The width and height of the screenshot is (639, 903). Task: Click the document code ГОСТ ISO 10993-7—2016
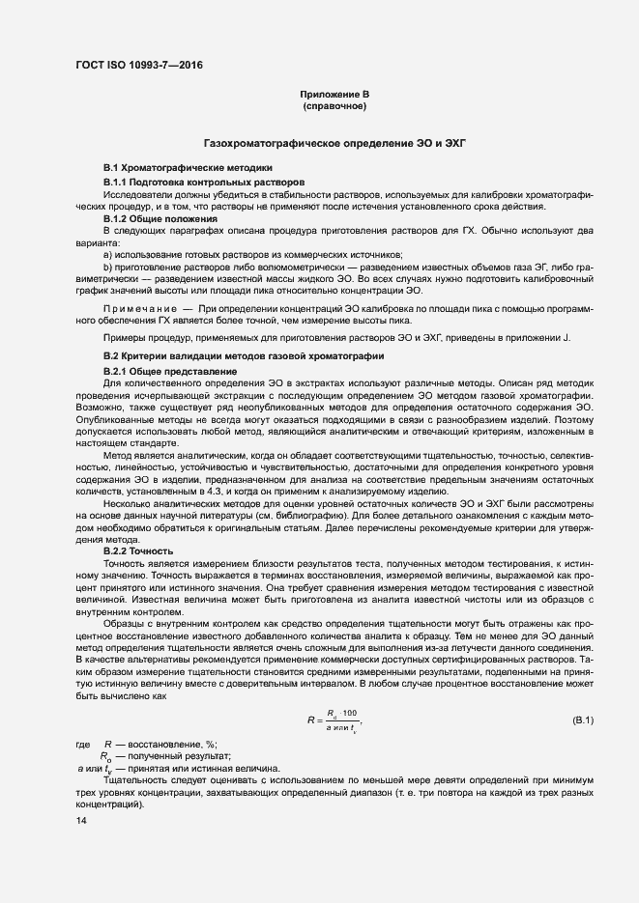(140, 66)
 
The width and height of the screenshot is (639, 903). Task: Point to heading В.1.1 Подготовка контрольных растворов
(204, 182)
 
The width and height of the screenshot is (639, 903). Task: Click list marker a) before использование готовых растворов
(108, 255)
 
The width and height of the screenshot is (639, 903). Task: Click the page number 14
(81, 820)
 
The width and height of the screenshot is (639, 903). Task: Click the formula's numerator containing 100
(343, 714)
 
